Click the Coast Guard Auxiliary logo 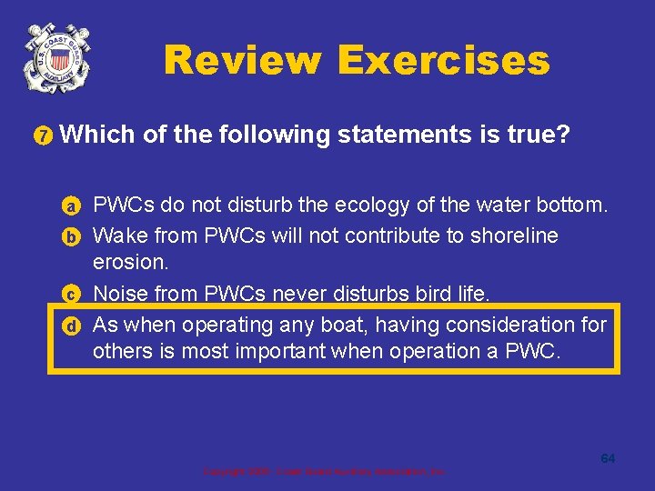point(57,57)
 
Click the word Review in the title point(242,61)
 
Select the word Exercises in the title point(443,61)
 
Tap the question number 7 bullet point(43,137)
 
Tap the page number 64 point(608,458)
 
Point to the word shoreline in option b point(511,235)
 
